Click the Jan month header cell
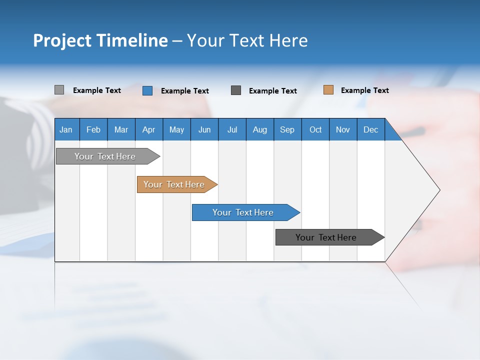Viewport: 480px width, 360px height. pyautogui.click(x=66, y=129)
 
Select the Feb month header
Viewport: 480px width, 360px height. pyautogui.click(x=93, y=129)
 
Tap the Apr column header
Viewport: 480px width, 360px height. pyautogui.click(x=148, y=129)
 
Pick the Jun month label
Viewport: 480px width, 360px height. pyautogui.click(x=204, y=129)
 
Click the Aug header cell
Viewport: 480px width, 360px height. pyautogui.click(x=260, y=129)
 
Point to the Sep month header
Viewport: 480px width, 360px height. pyautogui.click(x=287, y=129)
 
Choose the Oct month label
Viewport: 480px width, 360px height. pyautogui.click(x=315, y=129)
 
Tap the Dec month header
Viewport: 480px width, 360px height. pyautogui.click(x=371, y=129)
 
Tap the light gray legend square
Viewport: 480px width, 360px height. pyautogui.click(x=59, y=90)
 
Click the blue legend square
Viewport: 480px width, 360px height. pyautogui.click(x=147, y=90)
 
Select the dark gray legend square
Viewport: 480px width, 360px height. pyautogui.click(x=236, y=90)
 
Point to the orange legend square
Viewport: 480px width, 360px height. pyautogui.click(x=328, y=90)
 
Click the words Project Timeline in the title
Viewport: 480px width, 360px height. pyautogui.click(x=100, y=40)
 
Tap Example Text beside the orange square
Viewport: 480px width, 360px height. pyautogui.click(x=364, y=90)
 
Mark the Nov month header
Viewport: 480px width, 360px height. pyautogui.click(x=343, y=129)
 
